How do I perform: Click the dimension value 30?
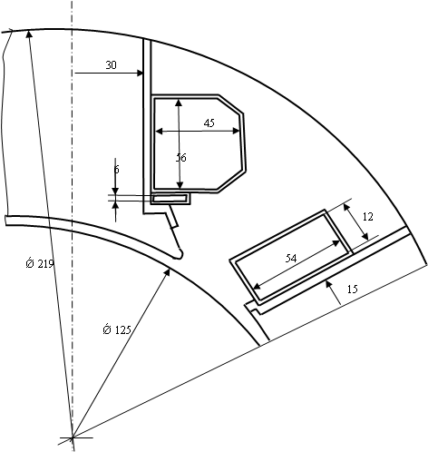click(111, 65)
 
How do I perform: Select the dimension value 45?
click(209, 123)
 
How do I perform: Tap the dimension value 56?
click(181, 158)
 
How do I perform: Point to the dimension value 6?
click(117, 170)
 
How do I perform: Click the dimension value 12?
click(368, 217)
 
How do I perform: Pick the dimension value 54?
click(291, 259)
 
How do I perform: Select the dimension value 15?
click(352, 290)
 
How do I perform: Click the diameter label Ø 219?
click(40, 263)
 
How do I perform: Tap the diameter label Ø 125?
click(117, 329)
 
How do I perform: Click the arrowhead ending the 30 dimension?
click(142, 73)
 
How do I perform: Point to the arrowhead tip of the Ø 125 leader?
click(170, 269)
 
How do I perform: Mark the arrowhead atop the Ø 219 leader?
click(28, 31)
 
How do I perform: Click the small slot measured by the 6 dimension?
click(170, 199)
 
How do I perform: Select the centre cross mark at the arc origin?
click(73, 437)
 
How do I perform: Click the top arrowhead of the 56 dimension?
click(179, 100)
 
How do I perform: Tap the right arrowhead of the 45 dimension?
click(239, 131)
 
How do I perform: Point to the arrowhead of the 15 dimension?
click(326, 281)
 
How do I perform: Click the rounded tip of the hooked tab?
click(180, 255)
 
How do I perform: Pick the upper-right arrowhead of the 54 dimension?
click(340, 241)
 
